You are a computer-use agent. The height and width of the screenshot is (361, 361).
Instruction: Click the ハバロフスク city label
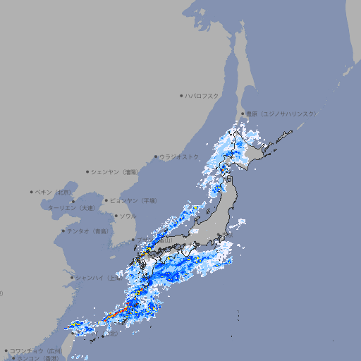(x=202, y=95)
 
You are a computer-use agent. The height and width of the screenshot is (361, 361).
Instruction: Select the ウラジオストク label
(x=180, y=157)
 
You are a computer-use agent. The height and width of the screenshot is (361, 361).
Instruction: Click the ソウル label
(x=128, y=216)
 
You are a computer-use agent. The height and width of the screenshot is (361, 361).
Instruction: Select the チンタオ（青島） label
(x=87, y=231)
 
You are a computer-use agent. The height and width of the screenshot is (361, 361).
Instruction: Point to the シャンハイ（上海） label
(x=97, y=278)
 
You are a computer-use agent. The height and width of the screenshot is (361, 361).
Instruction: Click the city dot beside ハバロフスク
(x=182, y=95)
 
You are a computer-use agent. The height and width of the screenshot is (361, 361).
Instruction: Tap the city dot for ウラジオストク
(x=156, y=157)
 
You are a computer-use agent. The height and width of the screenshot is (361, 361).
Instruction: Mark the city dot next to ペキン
(x=32, y=192)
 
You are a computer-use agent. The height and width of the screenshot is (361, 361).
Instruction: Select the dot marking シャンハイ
(x=72, y=278)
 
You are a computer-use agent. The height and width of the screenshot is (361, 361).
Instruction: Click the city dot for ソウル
(x=116, y=216)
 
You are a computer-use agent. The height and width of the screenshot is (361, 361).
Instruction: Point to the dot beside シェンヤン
(x=88, y=172)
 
